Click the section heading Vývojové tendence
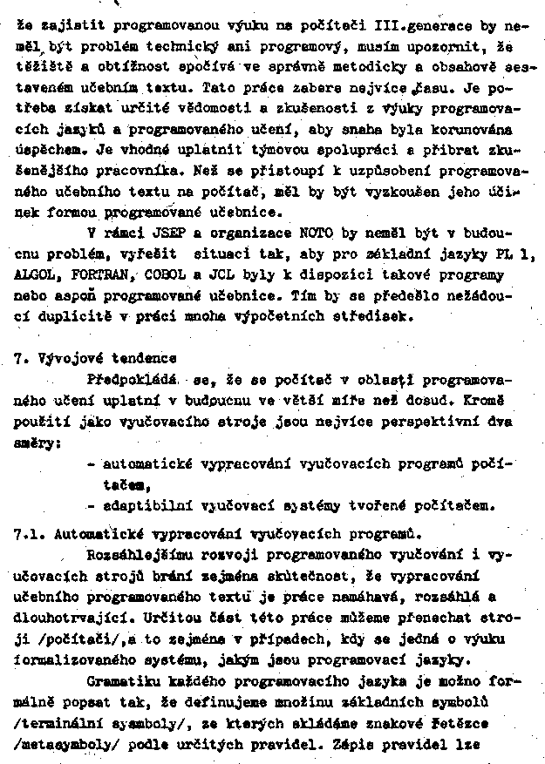106,359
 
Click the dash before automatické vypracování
92,464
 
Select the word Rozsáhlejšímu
142,554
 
